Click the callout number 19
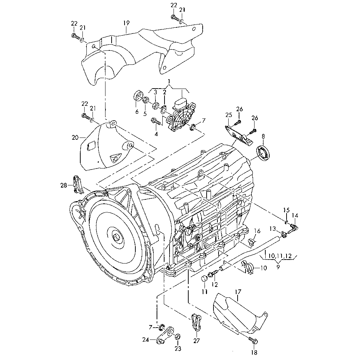(x=126, y=23)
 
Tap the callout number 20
(x=75, y=138)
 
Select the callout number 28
(x=64, y=185)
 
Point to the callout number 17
(x=238, y=292)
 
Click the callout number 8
(x=263, y=136)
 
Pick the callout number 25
(x=229, y=115)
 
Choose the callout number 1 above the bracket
(x=169, y=81)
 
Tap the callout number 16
(x=257, y=231)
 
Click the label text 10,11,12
(x=280, y=256)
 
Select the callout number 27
(x=197, y=341)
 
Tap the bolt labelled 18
(x=253, y=341)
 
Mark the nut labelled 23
(x=177, y=337)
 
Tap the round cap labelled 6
(x=138, y=96)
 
